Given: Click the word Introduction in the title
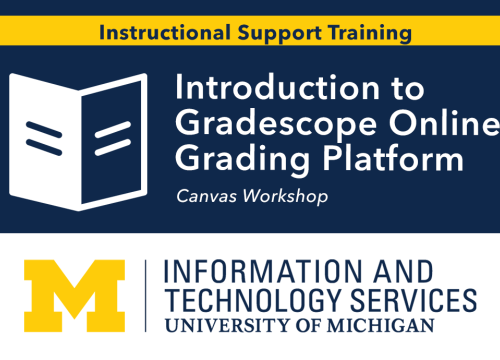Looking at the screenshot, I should tap(271, 88).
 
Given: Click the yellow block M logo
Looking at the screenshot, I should tap(75, 295).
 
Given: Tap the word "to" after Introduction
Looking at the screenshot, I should tap(401, 88).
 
